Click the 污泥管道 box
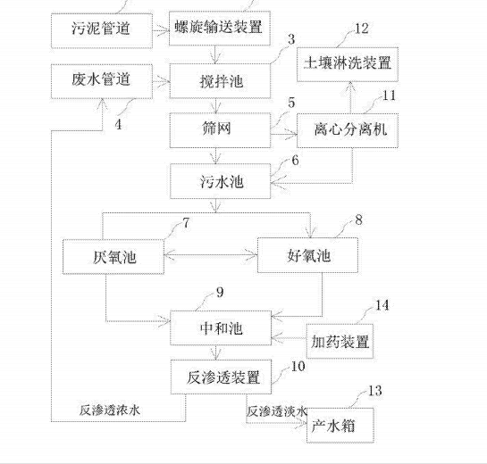click(101, 29)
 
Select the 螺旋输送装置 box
click(218, 29)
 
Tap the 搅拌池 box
click(218, 81)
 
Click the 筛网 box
click(218, 130)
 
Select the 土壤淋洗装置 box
click(349, 63)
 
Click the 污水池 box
click(218, 182)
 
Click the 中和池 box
click(218, 327)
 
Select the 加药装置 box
click(340, 342)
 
